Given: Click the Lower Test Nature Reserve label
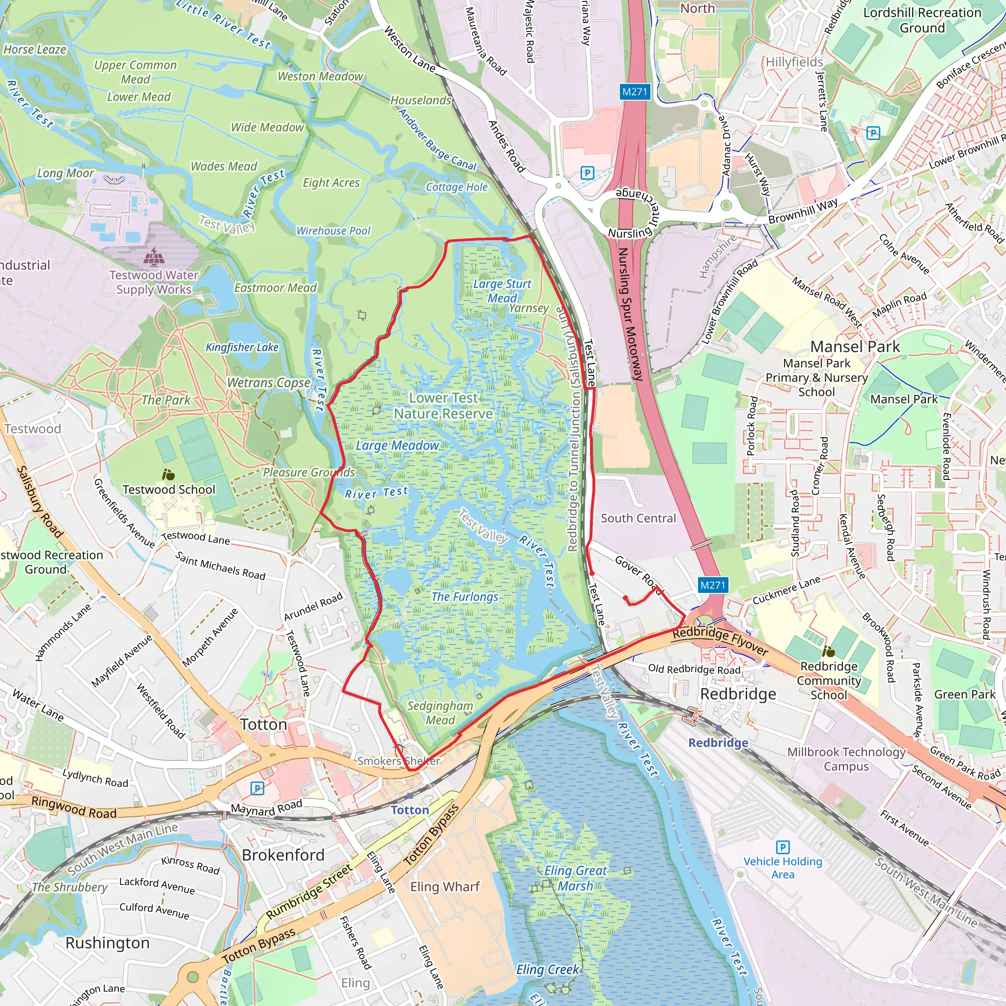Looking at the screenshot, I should pos(443,406).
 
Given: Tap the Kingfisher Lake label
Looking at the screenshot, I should pos(242,347).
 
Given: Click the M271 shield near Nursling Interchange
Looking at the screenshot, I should pos(635,92).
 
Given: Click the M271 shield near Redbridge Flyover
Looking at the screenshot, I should pos(712,585).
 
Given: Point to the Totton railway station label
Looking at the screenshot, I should pos(410,810).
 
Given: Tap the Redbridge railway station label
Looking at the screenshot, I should pos(718,743).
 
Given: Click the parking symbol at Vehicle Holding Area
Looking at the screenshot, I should pos(782,847).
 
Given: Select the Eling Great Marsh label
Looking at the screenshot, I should pos(575,878).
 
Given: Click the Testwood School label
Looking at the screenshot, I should pos(168,489).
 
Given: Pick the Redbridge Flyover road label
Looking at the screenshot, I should pos(720,641).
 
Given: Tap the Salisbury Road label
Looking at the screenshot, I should pos(40,502).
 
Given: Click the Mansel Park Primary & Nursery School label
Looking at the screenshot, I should pos(816,378).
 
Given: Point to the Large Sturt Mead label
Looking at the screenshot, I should pos(502,291).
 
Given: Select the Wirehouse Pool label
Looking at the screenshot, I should pos(333,231).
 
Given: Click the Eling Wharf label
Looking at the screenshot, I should pos(445,887).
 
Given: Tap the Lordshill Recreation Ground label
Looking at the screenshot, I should pos(922,20).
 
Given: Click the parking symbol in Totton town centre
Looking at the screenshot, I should pos(257,788).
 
